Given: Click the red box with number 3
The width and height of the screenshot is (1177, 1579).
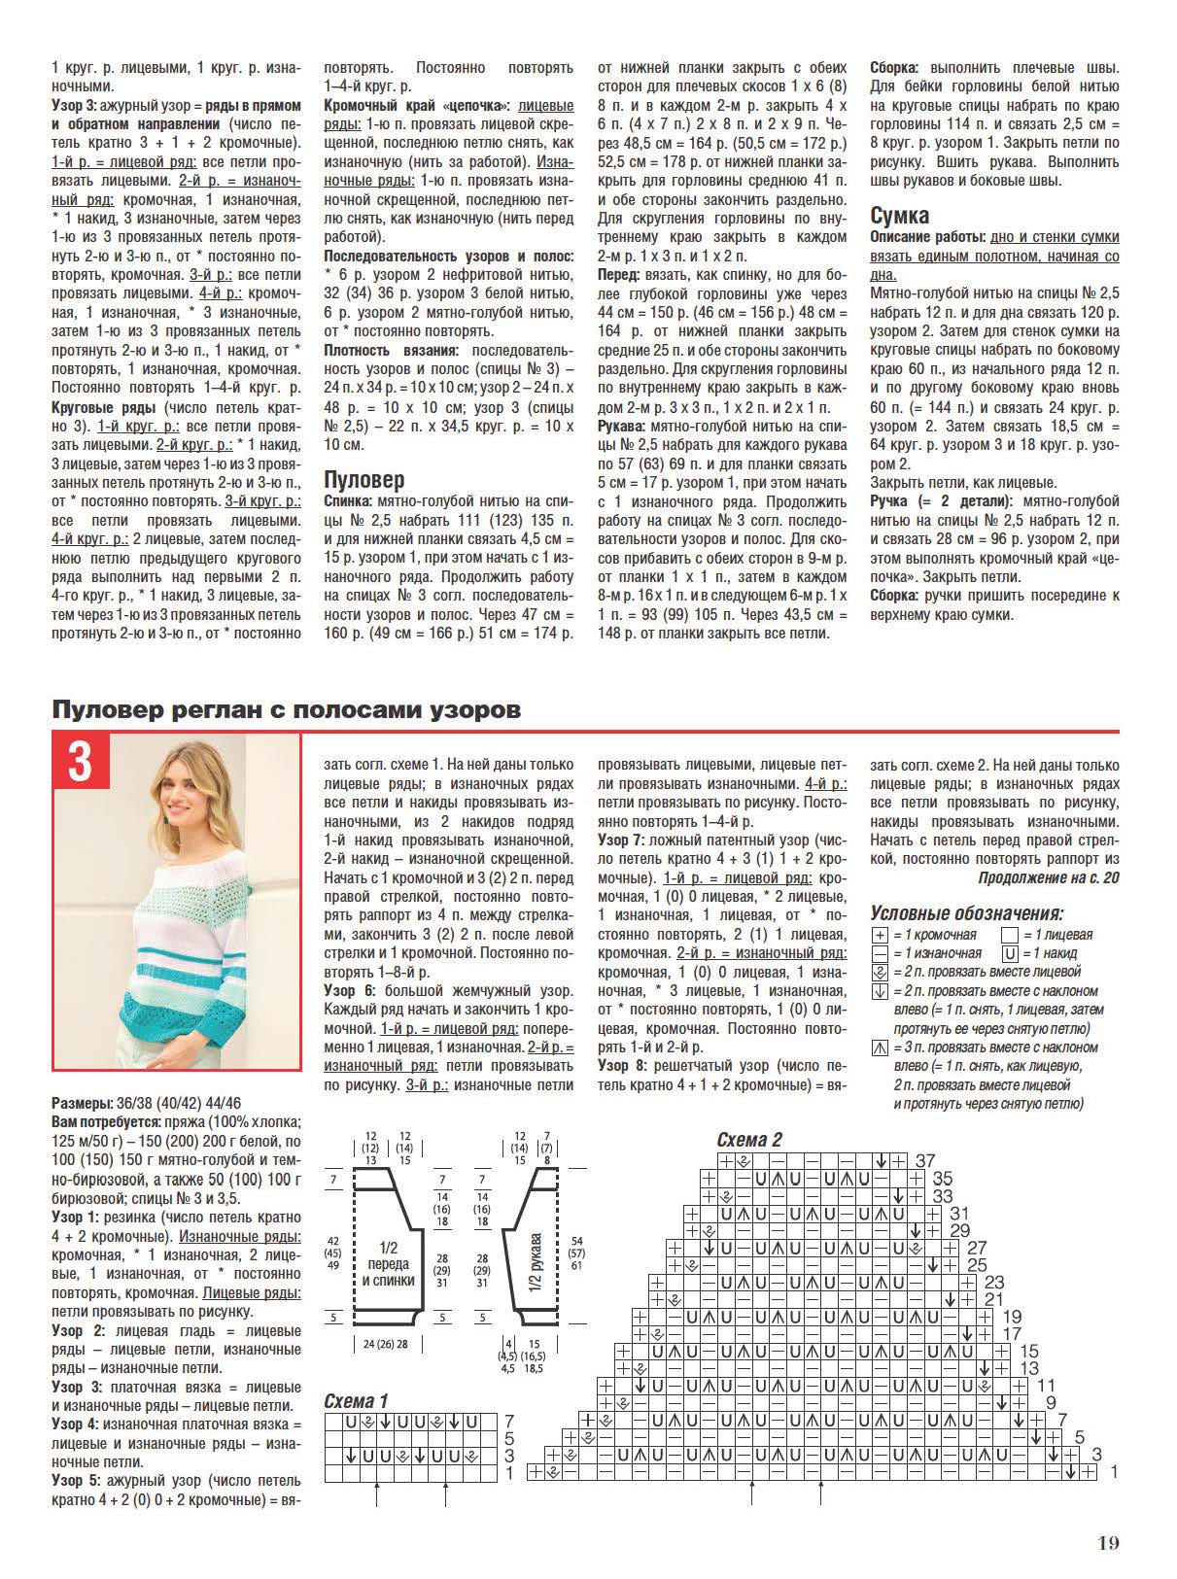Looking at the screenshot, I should pos(80,763).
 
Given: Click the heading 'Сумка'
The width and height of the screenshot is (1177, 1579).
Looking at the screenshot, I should pos(899,215).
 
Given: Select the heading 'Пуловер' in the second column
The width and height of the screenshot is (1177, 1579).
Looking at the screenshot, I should pos(363,479).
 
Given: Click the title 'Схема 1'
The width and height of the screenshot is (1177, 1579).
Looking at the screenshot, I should pos(356,1401).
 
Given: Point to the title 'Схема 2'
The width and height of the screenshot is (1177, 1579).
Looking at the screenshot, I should pos(749,1140).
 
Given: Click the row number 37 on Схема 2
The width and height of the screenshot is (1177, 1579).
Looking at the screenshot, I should pos(924,1160).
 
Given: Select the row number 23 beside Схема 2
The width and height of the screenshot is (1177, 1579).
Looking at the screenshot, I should pos(993,1283).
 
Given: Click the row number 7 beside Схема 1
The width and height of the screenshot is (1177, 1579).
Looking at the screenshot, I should pos(508,1421).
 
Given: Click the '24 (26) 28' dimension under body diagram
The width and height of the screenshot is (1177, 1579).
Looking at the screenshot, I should pos(385,1344).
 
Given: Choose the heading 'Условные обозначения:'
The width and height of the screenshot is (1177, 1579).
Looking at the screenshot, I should pos(966,913).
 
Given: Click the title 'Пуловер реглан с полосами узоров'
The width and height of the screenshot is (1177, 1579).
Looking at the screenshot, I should pos(286,710).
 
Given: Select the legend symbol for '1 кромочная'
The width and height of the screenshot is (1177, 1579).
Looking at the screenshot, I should pos(881,935).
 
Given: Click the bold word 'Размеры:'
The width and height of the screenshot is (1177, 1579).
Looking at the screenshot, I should pos(82,1105).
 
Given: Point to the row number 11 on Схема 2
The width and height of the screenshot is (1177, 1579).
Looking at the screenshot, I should pos(1046,1386).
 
